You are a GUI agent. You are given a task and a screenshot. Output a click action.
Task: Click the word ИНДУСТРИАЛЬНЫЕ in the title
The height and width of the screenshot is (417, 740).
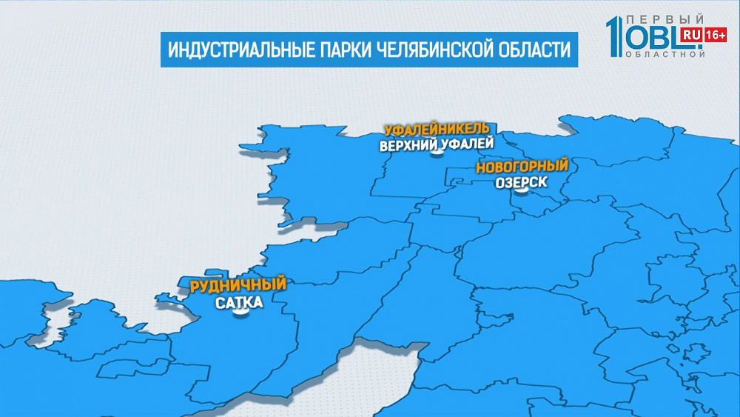[x=231, y=50]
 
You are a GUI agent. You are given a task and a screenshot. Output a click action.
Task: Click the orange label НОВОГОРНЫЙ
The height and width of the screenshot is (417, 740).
[x=522, y=166]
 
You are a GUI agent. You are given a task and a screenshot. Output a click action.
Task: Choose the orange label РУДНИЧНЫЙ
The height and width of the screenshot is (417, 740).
[x=238, y=285]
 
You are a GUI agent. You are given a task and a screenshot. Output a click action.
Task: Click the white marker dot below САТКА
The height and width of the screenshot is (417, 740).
[x=240, y=314]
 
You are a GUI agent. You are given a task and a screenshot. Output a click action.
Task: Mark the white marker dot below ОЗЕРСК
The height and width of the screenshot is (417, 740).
[x=522, y=191]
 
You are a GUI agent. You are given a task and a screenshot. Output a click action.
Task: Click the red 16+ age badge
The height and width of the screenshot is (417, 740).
[x=715, y=34]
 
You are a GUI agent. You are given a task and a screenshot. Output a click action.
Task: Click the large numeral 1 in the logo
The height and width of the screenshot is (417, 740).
[x=613, y=36]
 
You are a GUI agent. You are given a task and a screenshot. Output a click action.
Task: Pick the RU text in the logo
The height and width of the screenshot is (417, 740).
[x=693, y=34]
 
